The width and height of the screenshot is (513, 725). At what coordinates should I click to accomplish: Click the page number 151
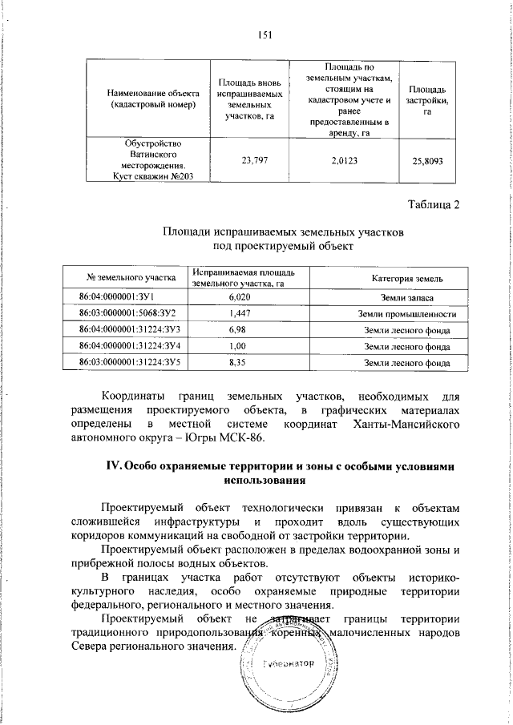click(x=266, y=33)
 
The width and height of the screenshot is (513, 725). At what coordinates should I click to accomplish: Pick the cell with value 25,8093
click(x=427, y=160)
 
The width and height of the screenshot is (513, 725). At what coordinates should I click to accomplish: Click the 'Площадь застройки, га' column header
click(x=427, y=99)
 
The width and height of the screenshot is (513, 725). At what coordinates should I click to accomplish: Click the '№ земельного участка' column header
click(x=130, y=277)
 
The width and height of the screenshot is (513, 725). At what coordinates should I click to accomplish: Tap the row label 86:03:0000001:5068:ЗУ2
click(x=128, y=313)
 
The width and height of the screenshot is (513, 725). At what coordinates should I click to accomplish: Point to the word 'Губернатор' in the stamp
click(x=286, y=666)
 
